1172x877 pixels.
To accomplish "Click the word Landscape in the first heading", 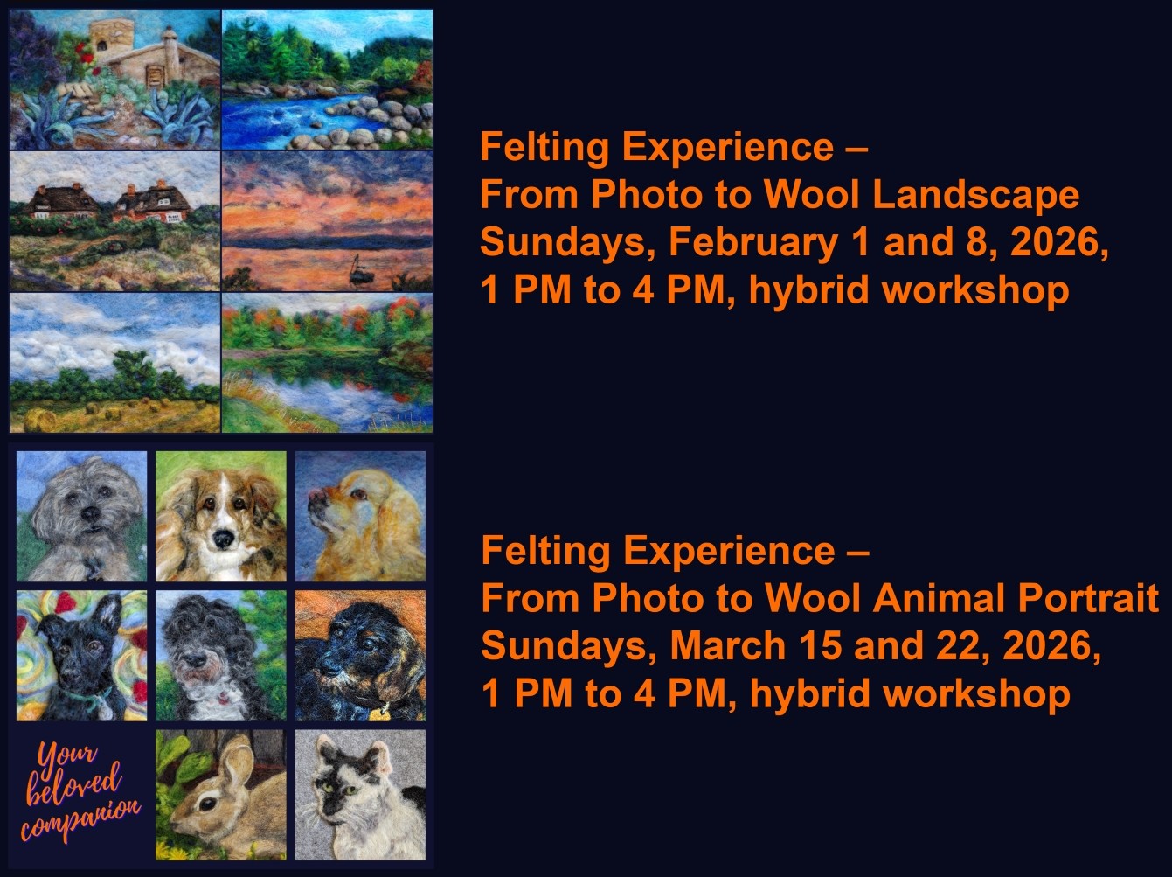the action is click(x=976, y=195).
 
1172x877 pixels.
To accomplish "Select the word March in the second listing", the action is click(x=728, y=645).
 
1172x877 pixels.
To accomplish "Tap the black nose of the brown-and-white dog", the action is click(x=222, y=539).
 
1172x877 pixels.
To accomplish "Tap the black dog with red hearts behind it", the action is click(x=81, y=656).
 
